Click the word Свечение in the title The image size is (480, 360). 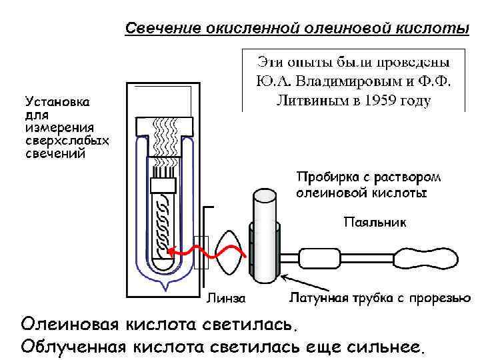(157, 29)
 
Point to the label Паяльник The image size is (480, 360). (375, 221)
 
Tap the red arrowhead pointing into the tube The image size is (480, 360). (171, 253)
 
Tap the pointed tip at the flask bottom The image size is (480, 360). (163, 287)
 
